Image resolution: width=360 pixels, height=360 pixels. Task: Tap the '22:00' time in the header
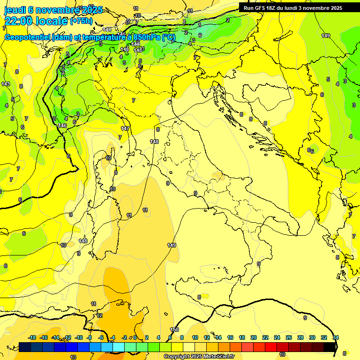coord(18,21)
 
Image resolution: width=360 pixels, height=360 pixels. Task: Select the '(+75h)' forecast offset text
coord(81,21)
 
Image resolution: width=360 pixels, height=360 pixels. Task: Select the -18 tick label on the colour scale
coord(32,337)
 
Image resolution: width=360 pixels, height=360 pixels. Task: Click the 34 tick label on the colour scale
coord(336,337)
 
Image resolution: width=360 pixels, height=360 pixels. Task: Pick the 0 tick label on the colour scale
coord(135,337)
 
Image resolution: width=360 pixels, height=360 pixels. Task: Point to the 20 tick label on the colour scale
coord(254,337)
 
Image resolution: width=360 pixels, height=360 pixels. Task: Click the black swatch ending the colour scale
coord(330,347)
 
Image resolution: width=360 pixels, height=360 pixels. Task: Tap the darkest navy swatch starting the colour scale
coord(25,347)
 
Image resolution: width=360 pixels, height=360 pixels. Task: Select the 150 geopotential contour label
coord(174,330)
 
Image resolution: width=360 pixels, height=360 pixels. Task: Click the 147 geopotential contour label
coord(125,128)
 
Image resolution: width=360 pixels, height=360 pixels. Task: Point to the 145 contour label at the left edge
coord(5,84)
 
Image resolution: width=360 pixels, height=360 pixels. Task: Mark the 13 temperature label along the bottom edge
coord(73,357)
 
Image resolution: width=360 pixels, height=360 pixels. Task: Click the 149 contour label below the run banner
coord(326,36)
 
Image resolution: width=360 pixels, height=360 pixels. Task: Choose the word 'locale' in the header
coord(51,21)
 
